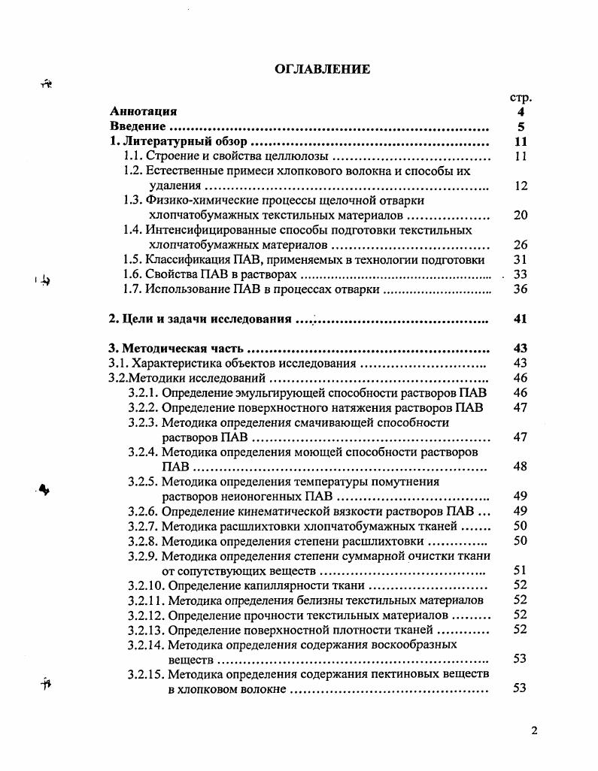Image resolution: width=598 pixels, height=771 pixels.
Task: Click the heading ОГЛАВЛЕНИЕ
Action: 322,70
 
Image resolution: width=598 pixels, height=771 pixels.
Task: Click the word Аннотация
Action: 143,112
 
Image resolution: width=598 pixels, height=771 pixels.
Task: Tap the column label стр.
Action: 521,98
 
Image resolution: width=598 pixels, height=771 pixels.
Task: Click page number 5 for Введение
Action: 521,127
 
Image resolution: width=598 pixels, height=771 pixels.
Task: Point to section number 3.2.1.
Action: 143,393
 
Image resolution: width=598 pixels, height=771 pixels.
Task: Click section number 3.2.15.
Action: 146,674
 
